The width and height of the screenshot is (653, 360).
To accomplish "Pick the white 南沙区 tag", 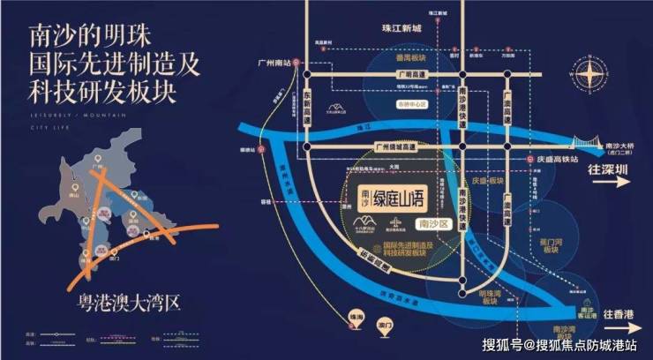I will click(x=434, y=226).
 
